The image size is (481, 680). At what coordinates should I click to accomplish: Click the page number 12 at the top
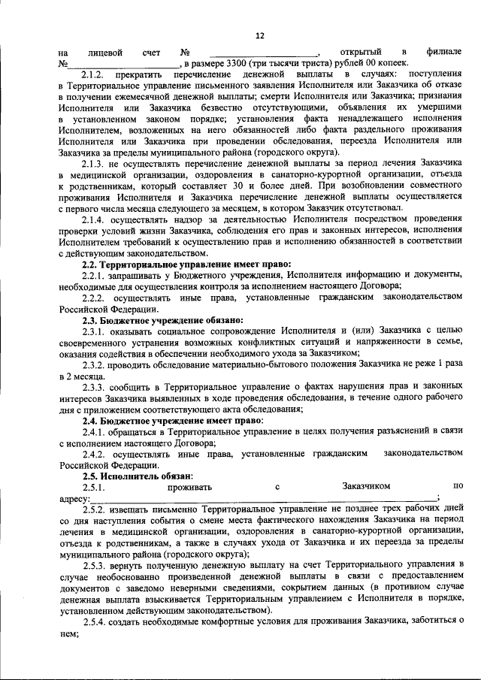coord(260,35)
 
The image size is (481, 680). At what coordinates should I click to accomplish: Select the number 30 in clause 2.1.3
coord(204,186)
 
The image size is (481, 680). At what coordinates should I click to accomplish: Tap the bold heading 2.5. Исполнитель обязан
coord(138,476)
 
